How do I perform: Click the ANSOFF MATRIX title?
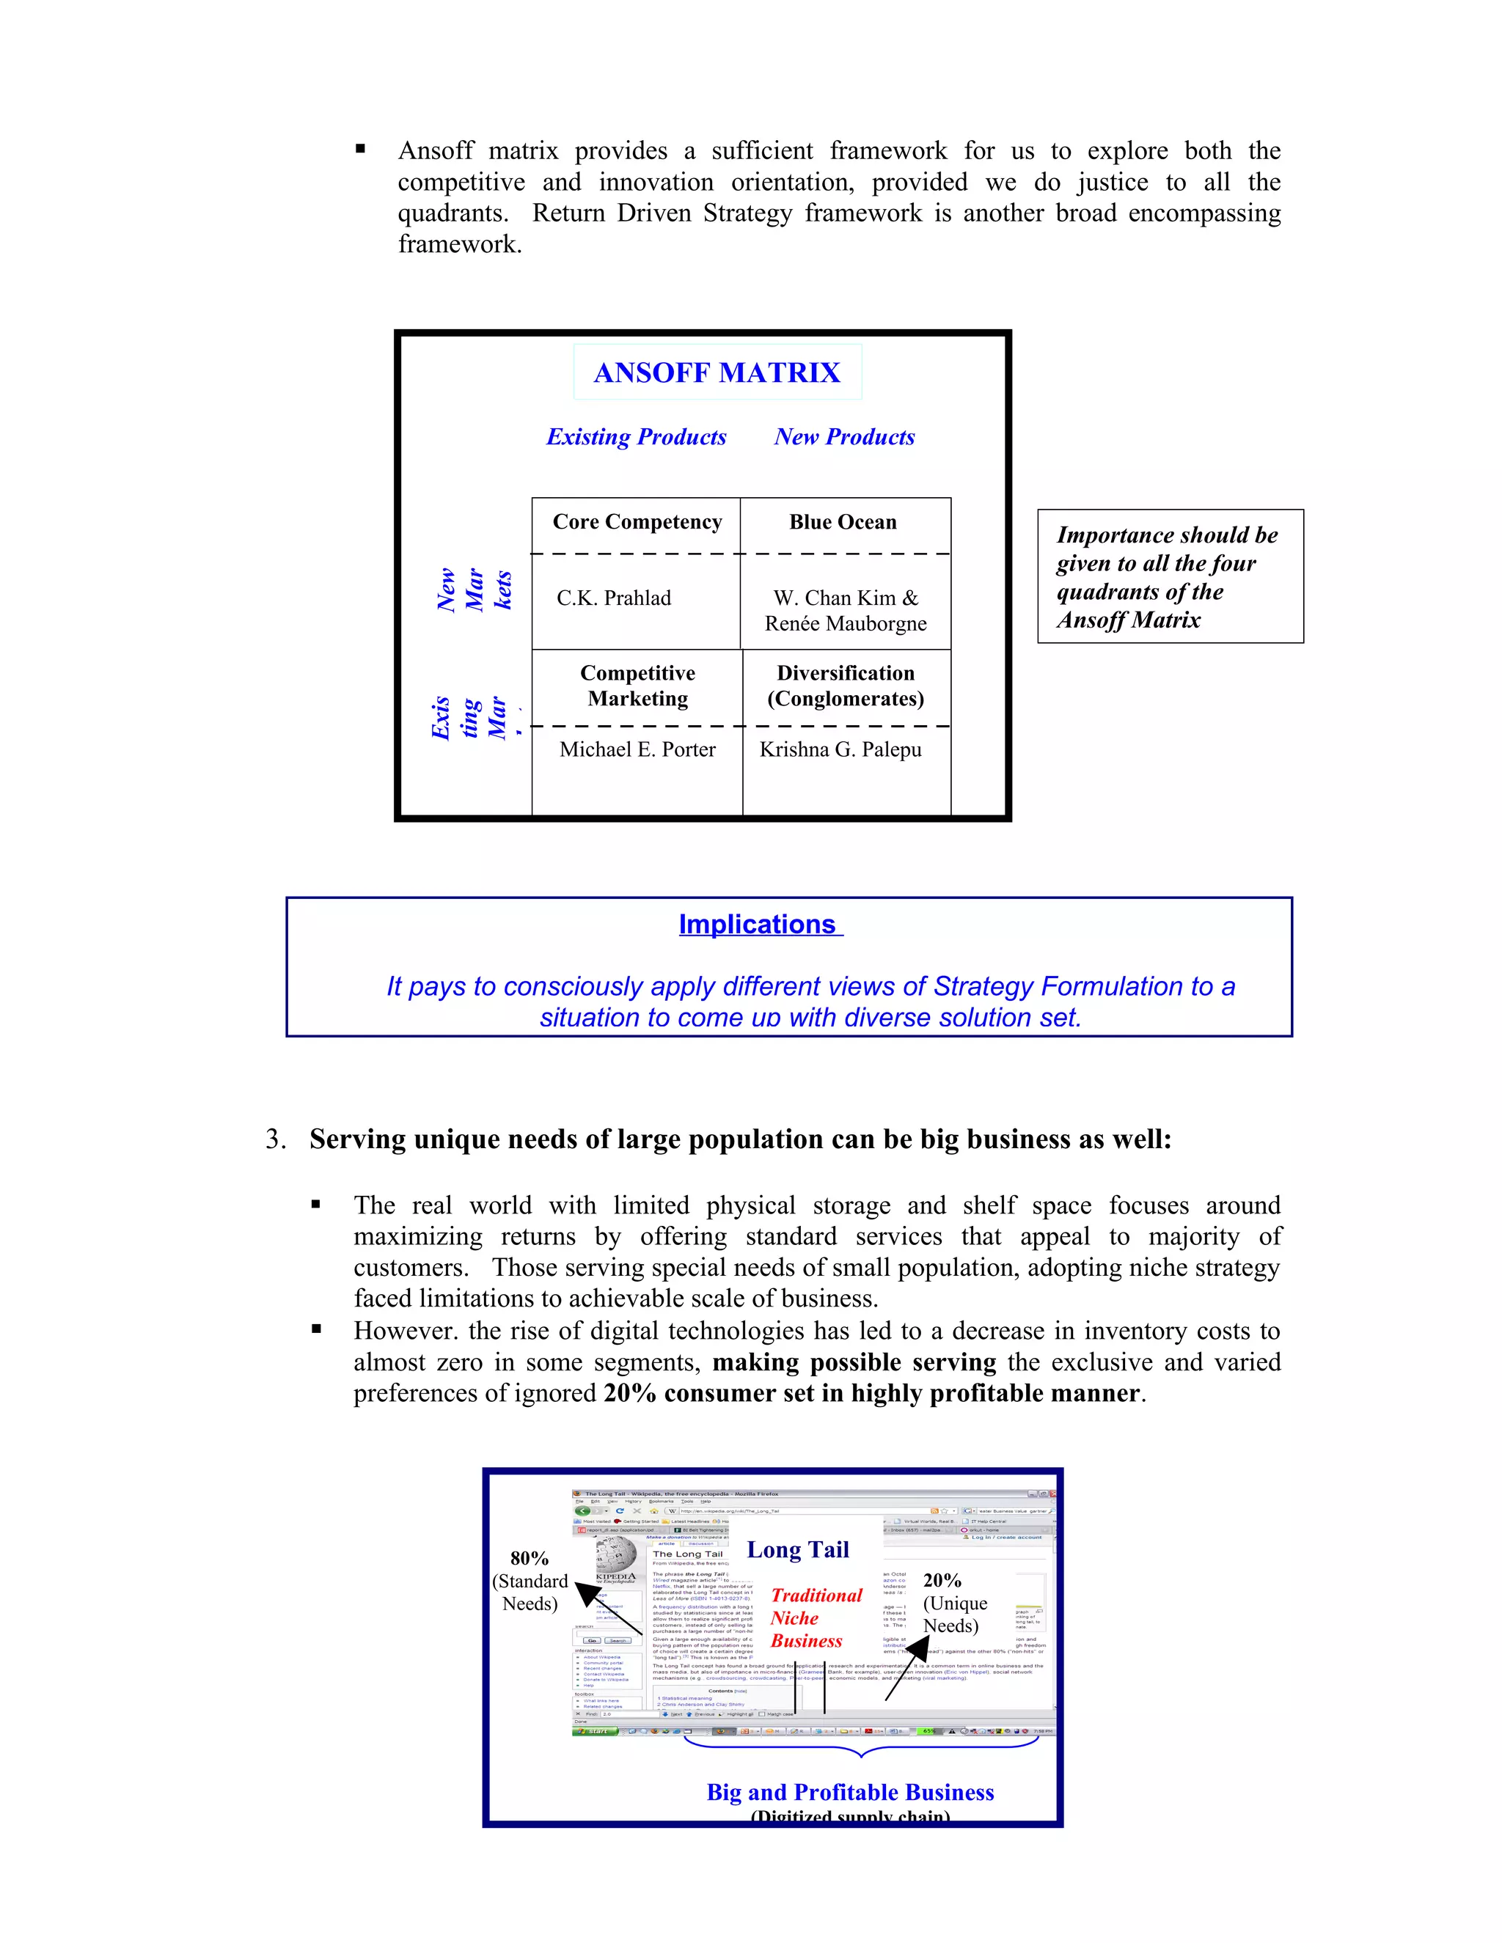(x=717, y=372)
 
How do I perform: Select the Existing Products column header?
(x=636, y=437)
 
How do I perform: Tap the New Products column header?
(x=843, y=437)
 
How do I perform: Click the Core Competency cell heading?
(x=637, y=522)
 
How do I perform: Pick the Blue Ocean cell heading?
(x=843, y=522)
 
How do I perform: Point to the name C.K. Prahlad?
(x=614, y=598)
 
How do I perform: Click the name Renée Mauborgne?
(x=846, y=624)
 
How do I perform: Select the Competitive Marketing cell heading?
(x=638, y=686)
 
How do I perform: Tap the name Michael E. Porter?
(x=637, y=750)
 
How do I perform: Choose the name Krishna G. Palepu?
(x=840, y=750)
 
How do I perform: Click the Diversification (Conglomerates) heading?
(x=846, y=686)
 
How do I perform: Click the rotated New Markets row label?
(x=475, y=589)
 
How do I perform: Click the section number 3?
(x=275, y=1139)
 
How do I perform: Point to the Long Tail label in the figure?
(x=797, y=1551)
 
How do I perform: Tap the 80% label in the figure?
(x=530, y=1559)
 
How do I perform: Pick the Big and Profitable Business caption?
(x=850, y=1793)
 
